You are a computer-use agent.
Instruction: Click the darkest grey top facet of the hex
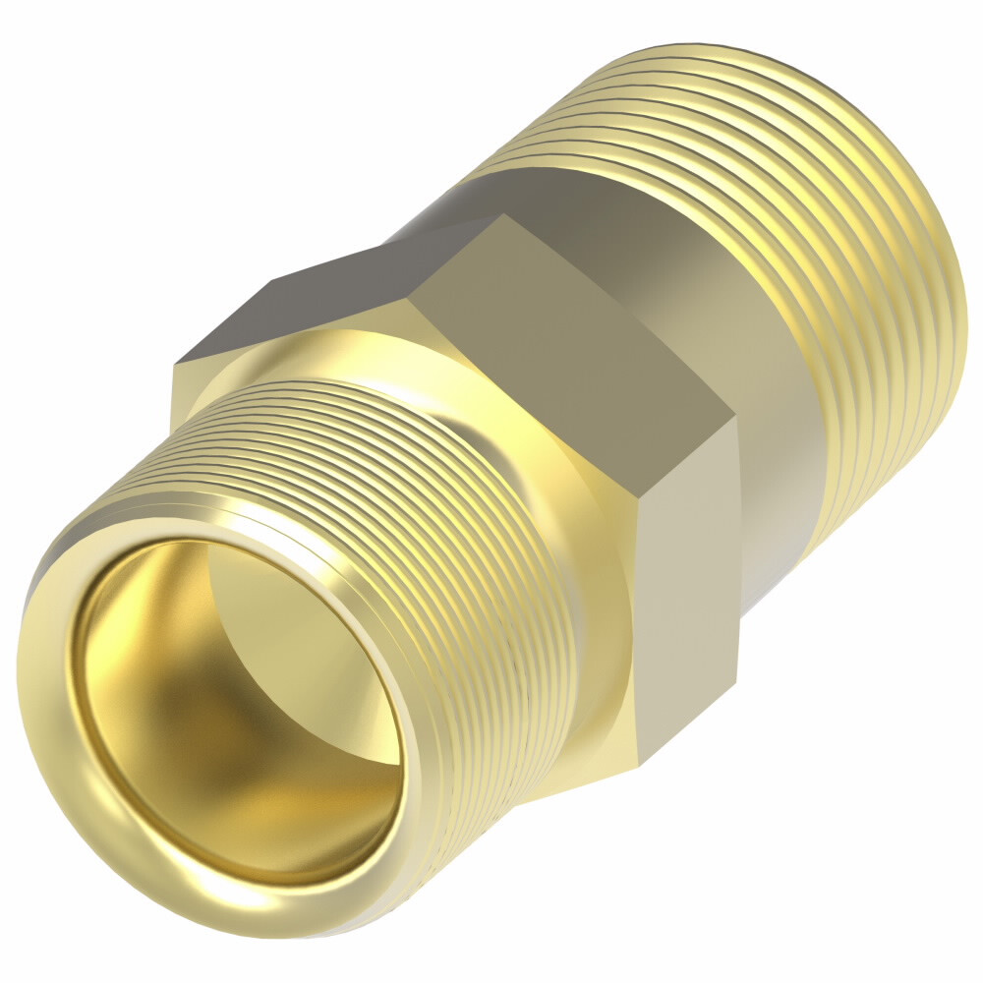[x=324, y=295]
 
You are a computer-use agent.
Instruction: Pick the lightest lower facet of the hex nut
[x=688, y=590]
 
